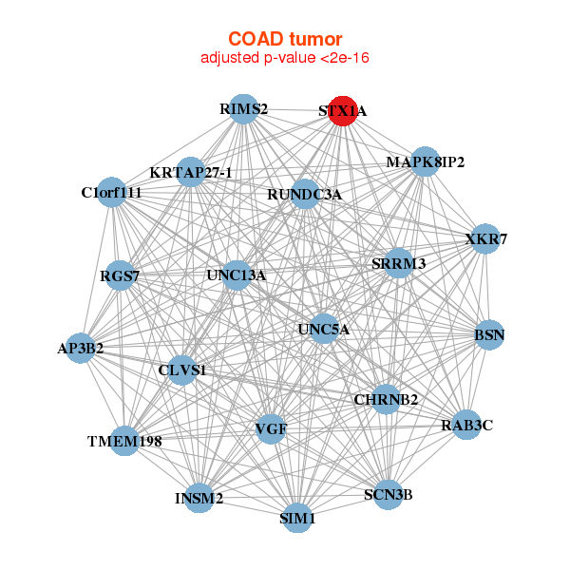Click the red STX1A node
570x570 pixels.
click(x=343, y=111)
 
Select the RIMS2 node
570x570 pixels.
click(x=243, y=109)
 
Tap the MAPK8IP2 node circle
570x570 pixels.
click(x=425, y=161)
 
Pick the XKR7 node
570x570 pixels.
click(x=485, y=238)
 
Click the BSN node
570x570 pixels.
click(x=489, y=334)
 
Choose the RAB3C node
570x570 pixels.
click(x=466, y=425)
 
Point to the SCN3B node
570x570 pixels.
click(x=389, y=495)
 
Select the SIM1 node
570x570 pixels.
click(x=297, y=518)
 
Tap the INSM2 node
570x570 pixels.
click(x=199, y=498)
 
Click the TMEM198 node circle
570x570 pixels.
click(x=124, y=441)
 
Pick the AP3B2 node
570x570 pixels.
click(x=81, y=348)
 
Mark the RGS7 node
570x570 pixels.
click(x=120, y=275)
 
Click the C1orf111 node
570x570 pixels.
click(x=111, y=192)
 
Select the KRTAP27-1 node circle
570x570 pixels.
click(x=191, y=172)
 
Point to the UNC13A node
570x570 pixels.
click(x=237, y=275)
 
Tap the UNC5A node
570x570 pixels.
click(x=324, y=329)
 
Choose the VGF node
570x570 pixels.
click(x=271, y=429)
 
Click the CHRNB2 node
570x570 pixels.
click(x=386, y=400)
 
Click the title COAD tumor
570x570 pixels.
click(x=285, y=39)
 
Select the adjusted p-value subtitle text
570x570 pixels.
click(x=285, y=58)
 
